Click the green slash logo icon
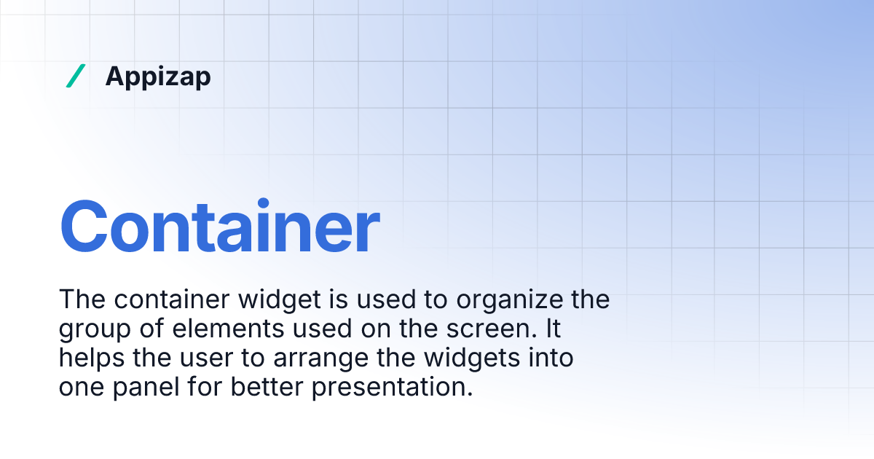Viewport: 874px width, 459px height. click(76, 76)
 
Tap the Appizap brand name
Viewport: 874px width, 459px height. click(158, 76)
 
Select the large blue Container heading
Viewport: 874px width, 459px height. click(219, 226)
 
